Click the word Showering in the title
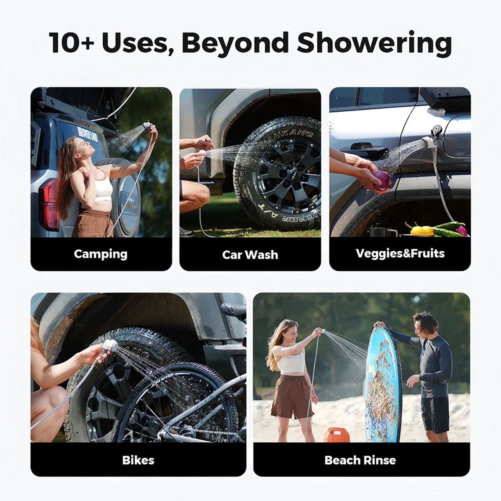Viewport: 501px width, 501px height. pos(374,43)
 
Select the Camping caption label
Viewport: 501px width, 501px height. pos(101,254)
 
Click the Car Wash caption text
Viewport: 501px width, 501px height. pos(250,255)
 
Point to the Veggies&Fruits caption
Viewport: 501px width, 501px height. pos(400,253)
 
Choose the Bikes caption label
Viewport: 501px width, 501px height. pos(138,460)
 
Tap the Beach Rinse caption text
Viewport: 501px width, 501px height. pos(360,460)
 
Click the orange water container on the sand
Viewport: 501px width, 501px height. pos(336,435)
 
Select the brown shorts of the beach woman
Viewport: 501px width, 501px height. pos(293,396)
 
